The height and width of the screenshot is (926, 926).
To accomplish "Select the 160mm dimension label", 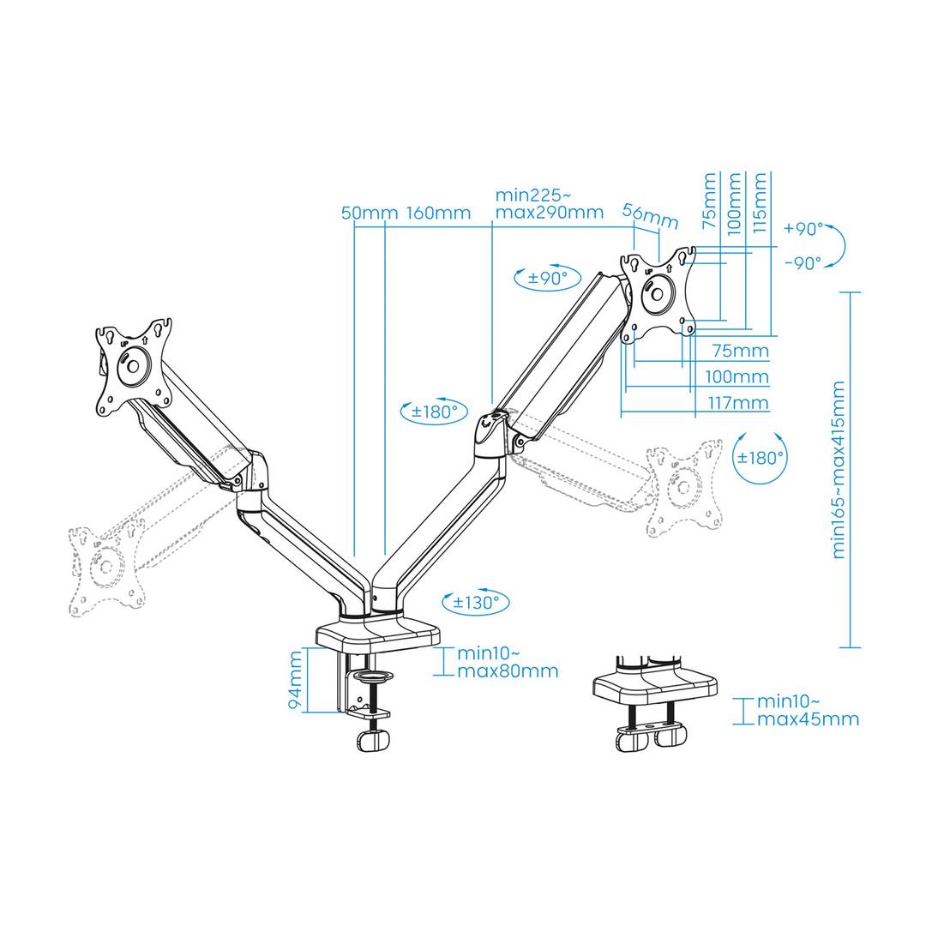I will tap(438, 213).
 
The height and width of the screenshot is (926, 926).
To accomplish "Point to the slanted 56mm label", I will tap(650, 216).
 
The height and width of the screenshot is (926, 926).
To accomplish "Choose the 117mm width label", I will tap(737, 403).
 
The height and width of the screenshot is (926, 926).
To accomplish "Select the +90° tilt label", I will tap(803, 229).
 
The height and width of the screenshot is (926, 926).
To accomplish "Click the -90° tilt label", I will tap(803, 263).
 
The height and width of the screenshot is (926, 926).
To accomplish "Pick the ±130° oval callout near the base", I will tap(476, 602).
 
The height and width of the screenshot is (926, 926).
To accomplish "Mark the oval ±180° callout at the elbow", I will tap(436, 412).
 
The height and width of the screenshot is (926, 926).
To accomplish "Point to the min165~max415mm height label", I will tap(839, 470).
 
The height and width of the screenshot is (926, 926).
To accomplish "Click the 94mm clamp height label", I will tap(296, 680).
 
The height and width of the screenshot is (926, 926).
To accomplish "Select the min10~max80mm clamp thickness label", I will tap(507, 662).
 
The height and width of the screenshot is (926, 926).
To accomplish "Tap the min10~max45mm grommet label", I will tap(807, 710).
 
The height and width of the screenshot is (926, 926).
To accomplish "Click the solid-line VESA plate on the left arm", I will tap(134, 367).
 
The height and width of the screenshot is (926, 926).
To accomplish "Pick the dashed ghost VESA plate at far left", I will tap(105, 570).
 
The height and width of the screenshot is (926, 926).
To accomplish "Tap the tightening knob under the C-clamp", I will tap(373, 739).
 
